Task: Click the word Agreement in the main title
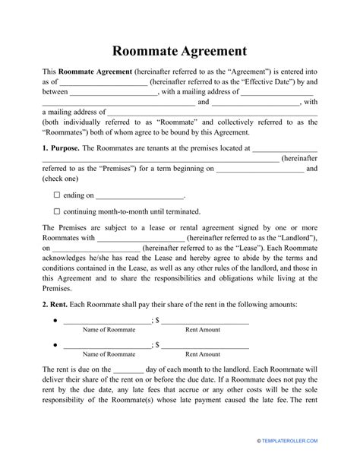pyautogui.click(x=211, y=52)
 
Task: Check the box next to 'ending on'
pyautogui.click(x=57, y=194)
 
